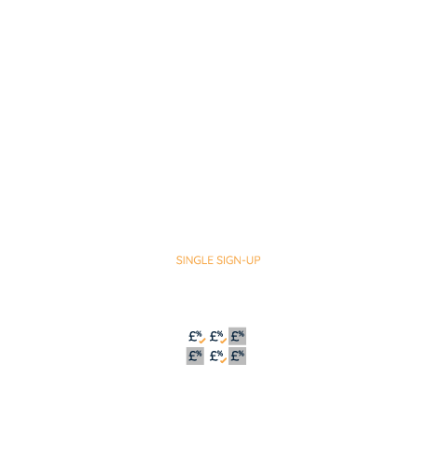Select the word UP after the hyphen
point(254,260)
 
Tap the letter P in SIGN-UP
point(257,260)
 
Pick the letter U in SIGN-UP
point(250,260)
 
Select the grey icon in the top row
point(237,336)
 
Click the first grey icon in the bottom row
point(195,356)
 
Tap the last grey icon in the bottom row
point(237,356)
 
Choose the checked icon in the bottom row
point(217,356)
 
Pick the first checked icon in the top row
point(197,337)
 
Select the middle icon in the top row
point(217,337)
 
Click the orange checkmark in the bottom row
point(223,360)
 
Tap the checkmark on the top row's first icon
point(202,341)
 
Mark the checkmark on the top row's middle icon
point(223,341)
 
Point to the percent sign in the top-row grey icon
point(242,334)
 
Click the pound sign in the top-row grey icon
point(235,337)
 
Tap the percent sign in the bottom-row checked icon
point(220,353)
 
